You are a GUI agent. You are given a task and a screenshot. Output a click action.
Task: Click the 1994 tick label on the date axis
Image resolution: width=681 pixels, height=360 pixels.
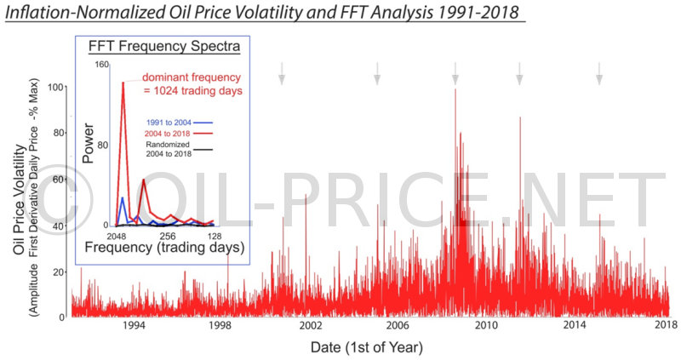pyautogui.click(x=134, y=326)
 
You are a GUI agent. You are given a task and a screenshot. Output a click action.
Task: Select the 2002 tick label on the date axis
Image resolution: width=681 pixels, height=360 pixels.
pyautogui.click(x=310, y=326)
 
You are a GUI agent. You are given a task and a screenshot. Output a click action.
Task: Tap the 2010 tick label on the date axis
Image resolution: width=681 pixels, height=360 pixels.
pyautogui.click(x=485, y=326)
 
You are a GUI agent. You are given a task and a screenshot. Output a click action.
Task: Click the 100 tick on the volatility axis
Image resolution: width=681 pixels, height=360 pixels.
pyautogui.click(x=57, y=87)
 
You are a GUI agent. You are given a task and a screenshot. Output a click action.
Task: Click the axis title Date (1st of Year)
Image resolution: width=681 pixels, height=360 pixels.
pyautogui.click(x=366, y=347)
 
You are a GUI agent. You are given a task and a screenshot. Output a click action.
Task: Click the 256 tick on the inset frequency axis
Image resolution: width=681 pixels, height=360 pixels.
pyautogui.click(x=168, y=235)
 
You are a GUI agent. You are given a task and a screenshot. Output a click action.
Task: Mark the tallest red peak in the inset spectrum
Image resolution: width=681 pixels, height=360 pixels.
pyautogui.click(x=123, y=83)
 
